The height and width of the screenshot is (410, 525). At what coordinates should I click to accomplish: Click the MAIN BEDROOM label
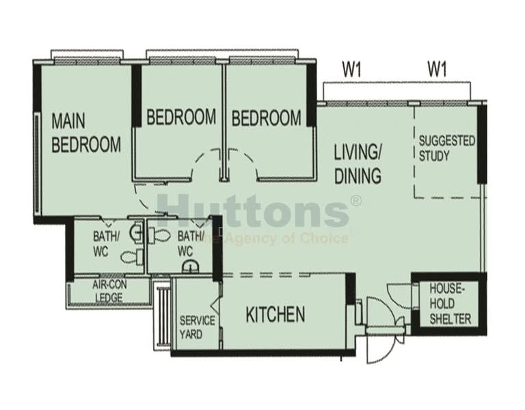[x=86, y=133]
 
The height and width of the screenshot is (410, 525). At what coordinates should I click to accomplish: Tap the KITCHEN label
[x=275, y=314]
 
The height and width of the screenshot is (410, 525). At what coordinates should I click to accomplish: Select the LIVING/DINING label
[x=358, y=164]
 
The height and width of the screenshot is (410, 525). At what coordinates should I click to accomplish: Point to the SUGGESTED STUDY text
[x=446, y=148]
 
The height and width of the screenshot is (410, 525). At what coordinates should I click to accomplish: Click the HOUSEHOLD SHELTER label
[x=450, y=304]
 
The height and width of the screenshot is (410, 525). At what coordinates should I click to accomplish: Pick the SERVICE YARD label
[x=197, y=327]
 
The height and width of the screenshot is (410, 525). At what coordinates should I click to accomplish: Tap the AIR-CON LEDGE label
[x=109, y=291]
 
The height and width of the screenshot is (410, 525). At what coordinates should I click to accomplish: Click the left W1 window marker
[x=351, y=70]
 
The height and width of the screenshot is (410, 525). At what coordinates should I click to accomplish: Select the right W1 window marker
[x=437, y=70]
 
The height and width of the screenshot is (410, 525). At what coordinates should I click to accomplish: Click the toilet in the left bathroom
[x=131, y=257]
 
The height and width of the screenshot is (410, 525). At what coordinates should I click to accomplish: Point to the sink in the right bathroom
[x=191, y=266]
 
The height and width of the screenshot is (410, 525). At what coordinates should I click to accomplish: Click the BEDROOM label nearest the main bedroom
[x=181, y=117]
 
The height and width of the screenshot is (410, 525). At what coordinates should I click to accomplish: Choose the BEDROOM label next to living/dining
[x=266, y=118]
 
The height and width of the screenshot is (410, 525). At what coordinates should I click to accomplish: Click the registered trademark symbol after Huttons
[x=355, y=201]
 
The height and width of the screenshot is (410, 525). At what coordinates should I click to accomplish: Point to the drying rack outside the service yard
[x=163, y=316]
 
